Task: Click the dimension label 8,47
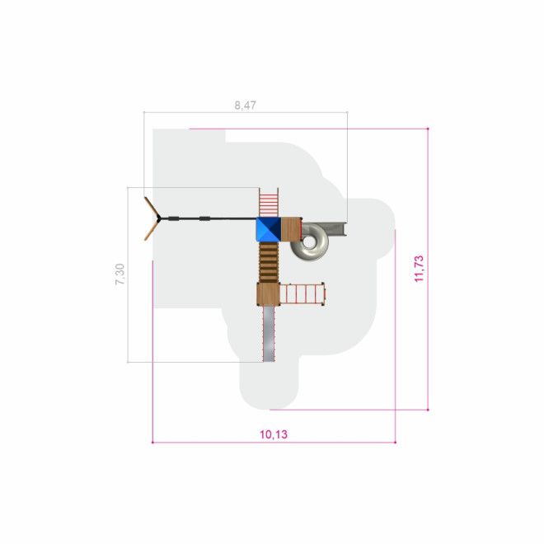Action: (246, 106)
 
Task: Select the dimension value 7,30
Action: (120, 274)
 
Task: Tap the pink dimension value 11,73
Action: (419, 269)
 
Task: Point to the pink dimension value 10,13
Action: (274, 434)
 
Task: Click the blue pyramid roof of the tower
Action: (269, 229)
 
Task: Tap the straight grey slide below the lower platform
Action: (269, 334)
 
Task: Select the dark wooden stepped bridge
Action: (269, 262)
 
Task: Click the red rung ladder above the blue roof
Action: (269, 202)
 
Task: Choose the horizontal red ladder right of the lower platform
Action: (302, 294)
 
